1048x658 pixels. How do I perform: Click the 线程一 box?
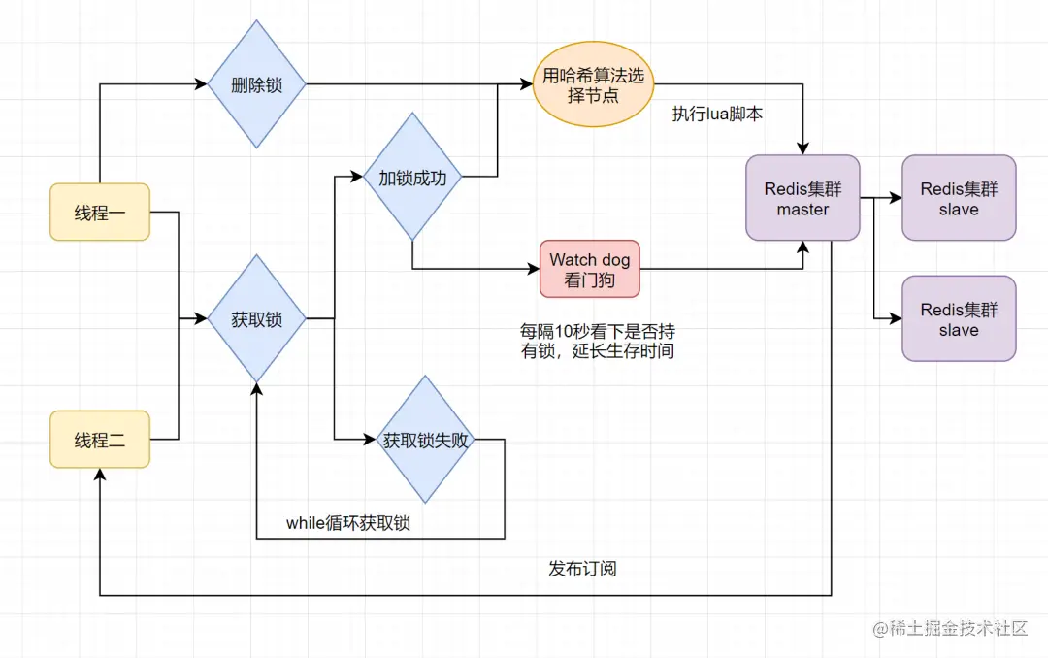coord(100,212)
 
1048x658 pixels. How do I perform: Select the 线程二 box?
coord(100,440)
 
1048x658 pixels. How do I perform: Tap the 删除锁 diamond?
coord(257,84)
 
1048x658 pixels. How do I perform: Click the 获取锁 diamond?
coord(257,318)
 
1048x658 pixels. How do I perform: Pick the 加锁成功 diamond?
coord(412,177)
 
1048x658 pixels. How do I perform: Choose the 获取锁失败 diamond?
coord(425,440)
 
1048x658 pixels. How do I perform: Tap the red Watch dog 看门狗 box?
coord(590,269)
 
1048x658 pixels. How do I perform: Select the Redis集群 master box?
coord(802,198)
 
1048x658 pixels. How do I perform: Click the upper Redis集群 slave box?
coord(959,198)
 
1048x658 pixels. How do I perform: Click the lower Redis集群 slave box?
coord(959,318)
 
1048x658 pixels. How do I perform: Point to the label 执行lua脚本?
coord(717,114)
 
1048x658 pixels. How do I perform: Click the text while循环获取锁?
coord(347,523)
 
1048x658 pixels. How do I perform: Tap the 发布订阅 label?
coord(582,568)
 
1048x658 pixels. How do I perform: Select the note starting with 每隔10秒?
coord(597,341)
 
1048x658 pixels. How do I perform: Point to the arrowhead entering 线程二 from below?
coord(100,475)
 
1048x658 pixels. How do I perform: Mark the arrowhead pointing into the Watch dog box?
coord(534,269)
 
